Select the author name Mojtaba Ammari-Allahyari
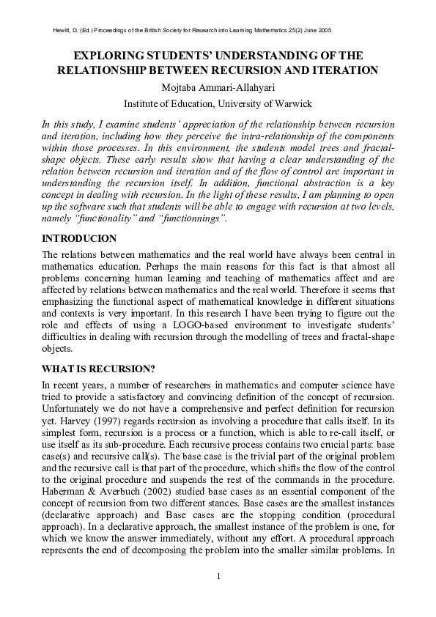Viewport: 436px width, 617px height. (x=218, y=87)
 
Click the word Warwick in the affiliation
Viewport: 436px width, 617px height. (x=292, y=103)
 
